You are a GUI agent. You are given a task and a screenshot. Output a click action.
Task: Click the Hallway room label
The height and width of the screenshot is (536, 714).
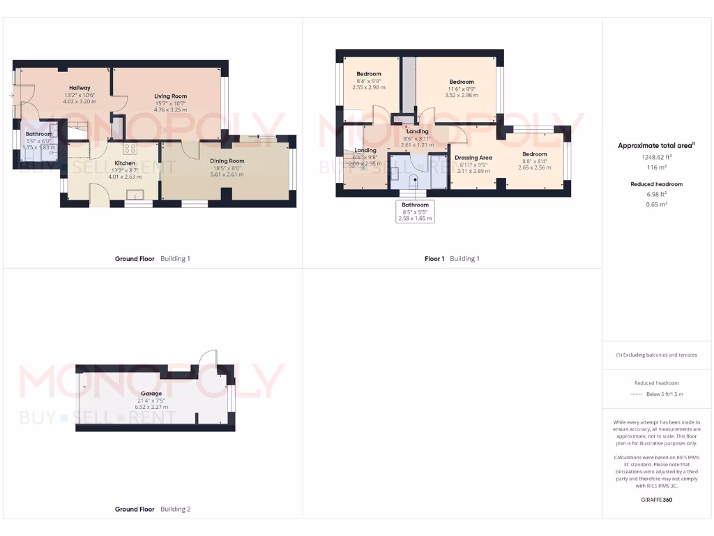[79, 88]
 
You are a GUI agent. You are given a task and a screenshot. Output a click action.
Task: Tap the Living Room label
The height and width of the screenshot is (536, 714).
[170, 96]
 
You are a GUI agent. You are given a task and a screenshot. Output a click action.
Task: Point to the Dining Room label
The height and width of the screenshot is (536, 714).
[227, 161]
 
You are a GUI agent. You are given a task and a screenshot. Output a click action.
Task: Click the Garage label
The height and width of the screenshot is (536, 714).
[151, 394]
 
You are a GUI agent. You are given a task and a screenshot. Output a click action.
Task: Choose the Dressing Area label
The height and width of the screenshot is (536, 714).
[473, 158]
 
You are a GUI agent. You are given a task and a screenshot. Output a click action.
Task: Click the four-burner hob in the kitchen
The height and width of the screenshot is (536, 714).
[130, 148]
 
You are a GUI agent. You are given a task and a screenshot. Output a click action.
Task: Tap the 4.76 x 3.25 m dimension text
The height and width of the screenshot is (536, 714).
[170, 110]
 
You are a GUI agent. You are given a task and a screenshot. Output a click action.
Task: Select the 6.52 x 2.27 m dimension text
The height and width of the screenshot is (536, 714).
[151, 408]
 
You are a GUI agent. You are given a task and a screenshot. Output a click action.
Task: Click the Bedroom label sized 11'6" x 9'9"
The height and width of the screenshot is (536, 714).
[462, 82]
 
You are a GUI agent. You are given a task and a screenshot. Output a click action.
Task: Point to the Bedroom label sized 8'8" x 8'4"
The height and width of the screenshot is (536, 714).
[535, 154]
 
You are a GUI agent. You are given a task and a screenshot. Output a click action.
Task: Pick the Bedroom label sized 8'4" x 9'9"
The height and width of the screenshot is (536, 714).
[369, 74]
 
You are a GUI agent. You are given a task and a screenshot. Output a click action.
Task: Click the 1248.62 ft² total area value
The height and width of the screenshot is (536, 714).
[657, 158]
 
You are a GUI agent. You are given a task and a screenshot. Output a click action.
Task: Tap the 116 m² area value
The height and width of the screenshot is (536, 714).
[657, 168]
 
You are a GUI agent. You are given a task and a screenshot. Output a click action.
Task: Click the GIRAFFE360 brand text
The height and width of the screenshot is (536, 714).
[657, 500]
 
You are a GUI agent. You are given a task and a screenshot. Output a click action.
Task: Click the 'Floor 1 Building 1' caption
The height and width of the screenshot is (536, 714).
[452, 259]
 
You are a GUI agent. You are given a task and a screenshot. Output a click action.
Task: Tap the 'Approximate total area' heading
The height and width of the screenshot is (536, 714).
[655, 146]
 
